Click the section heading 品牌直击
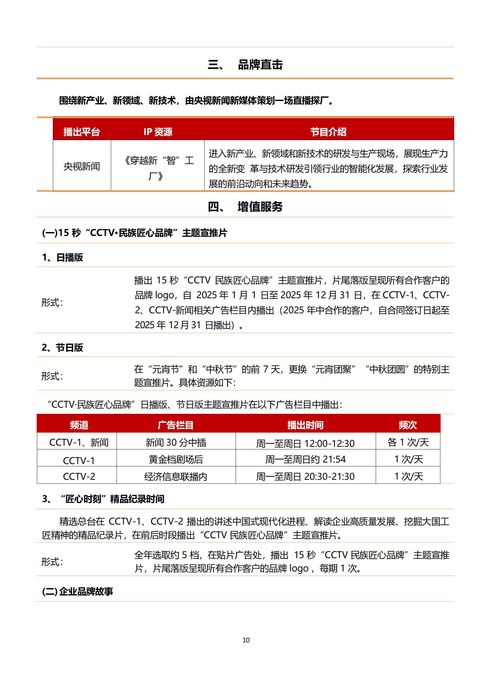pos(260,65)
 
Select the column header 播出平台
pos(81,132)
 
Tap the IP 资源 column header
pos(158,132)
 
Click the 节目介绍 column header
pos(328,132)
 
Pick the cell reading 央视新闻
pos(82,166)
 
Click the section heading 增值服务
pos(260,207)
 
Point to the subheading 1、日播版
pos(62,257)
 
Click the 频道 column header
pos(79,425)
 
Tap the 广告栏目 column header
pos(176,425)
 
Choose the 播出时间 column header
pos(305,425)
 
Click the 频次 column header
pos(408,425)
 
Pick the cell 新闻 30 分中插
pos(176,442)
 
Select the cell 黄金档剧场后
pos(176,459)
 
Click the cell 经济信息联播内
pos(176,477)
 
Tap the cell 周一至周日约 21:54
pos(305,459)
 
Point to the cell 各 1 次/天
pos(408,442)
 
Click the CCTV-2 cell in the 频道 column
pos(79,477)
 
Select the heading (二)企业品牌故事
pos(78,592)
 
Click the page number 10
pos(246,640)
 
